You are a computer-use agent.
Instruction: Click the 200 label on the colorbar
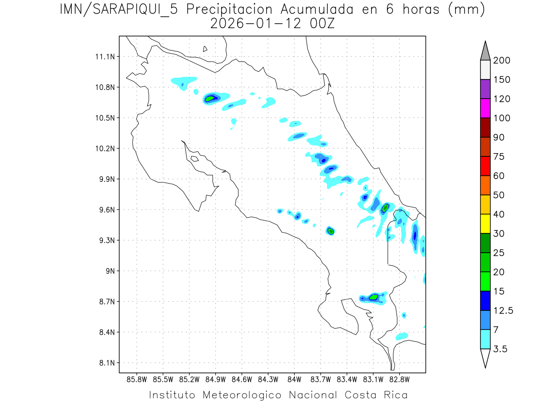tap(502, 60)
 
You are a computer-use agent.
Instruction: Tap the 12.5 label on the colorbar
tap(504, 311)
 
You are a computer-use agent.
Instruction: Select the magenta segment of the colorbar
tap(485, 108)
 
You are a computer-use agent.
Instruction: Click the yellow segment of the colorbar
tap(485, 223)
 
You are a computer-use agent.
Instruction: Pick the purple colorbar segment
tap(485, 89)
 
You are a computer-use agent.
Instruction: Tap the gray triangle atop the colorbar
tap(485, 51)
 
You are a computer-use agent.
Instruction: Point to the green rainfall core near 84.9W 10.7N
tap(210, 98)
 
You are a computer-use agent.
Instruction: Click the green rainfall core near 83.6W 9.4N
tap(331, 231)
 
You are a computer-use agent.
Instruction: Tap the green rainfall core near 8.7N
tap(374, 297)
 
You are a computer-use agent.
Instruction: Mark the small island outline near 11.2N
tap(205, 49)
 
